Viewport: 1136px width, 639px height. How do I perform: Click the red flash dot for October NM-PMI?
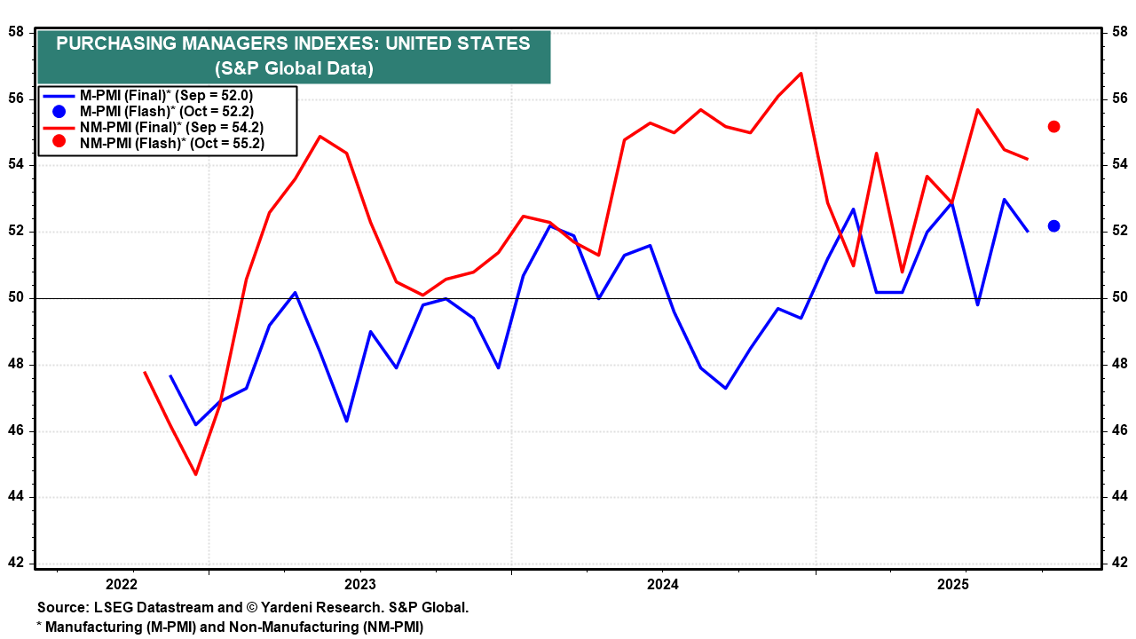pos(1053,126)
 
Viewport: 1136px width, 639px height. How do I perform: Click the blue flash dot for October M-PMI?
pos(1053,226)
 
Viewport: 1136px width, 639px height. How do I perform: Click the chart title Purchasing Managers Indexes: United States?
pos(293,44)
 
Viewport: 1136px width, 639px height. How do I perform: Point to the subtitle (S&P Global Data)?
pos(293,68)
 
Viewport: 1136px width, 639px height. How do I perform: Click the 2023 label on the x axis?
pos(360,584)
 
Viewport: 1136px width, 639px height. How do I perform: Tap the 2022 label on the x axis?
pos(121,584)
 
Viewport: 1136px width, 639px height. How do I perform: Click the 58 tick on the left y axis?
pos(16,32)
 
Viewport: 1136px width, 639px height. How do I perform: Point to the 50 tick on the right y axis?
pos(1120,298)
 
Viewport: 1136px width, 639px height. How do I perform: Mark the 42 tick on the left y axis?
pos(16,564)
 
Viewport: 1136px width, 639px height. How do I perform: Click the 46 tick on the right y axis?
pos(1120,431)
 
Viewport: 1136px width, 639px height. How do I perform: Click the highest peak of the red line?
pos(801,73)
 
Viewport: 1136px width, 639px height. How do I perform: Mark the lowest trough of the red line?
pos(195,474)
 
